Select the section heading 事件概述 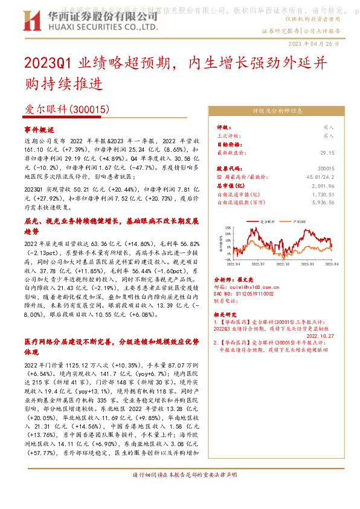tap(39, 130)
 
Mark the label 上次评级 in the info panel tap(229, 136)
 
